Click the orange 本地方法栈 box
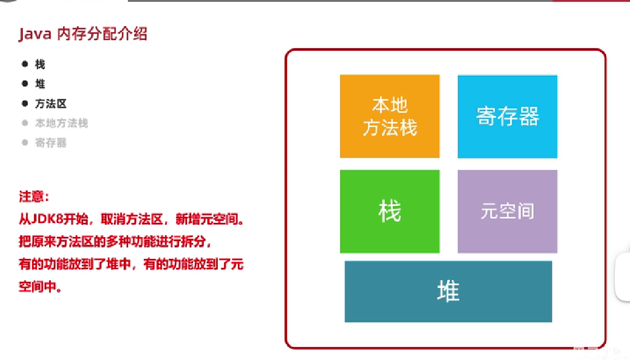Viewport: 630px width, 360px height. click(390, 116)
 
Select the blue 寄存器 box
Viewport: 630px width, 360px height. click(507, 117)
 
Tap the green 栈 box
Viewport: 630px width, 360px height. click(390, 211)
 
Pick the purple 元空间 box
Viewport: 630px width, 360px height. click(507, 211)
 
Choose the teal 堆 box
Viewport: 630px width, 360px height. click(448, 291)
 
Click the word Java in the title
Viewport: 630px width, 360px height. click(35, 34)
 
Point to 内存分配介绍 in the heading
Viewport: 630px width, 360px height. click(102, 34)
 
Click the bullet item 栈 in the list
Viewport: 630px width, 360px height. click(40, 64)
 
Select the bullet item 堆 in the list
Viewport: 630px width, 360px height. click(40, 84)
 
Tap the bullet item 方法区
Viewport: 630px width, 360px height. click(50, 104)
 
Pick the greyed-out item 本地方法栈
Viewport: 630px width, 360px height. click(62, 123)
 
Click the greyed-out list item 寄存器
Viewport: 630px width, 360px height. click(50, 142)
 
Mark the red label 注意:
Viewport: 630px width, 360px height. click(34, 196)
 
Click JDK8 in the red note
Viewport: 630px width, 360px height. click(48, 219)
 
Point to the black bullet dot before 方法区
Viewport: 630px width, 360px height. click(25, 104)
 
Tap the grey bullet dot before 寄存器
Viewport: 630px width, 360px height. click(25, 142)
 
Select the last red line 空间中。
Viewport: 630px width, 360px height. click(40, 287)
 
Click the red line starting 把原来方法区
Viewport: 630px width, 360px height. click(115, 242)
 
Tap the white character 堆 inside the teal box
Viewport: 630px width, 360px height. click(448, 291)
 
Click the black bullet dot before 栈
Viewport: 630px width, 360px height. click(25, 64)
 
